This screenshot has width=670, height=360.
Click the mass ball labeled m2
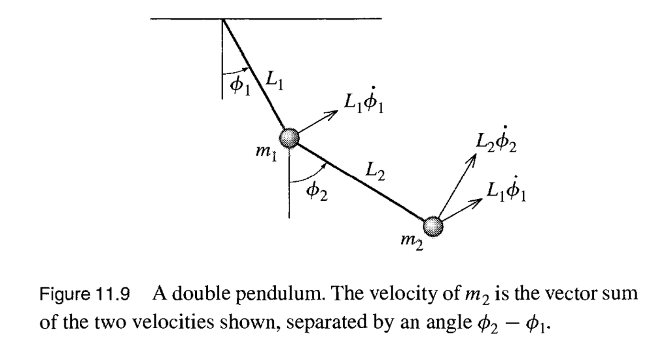pyautogui.click(x=433, y=226)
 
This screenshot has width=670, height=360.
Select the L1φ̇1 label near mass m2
pyautogui.click(x=509, y=190)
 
